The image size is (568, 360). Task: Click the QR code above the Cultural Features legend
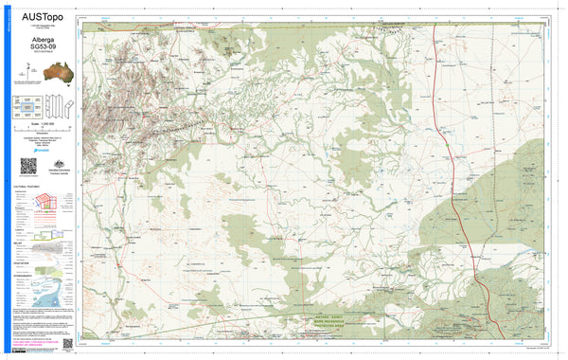[27, 166]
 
